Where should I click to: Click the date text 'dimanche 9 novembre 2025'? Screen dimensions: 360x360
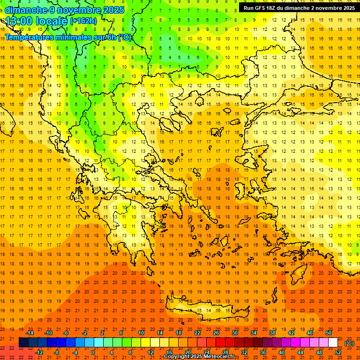(x=65, y=10)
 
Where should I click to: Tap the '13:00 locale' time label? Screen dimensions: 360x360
(x=36, y=21)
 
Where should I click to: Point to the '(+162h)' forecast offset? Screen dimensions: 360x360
(x=83, y=21)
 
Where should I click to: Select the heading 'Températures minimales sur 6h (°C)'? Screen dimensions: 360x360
(x=68, y=37)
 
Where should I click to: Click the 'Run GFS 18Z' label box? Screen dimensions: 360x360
(x=299, y=8)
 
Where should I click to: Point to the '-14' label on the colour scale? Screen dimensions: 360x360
(x=30, y=333)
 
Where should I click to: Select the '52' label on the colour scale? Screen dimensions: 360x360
(x=337, y=352)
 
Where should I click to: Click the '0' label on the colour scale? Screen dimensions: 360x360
(x=93, y=352)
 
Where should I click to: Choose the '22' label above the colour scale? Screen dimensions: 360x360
(x=197, y=333)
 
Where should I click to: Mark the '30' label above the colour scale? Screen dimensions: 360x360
(x=235, y=333)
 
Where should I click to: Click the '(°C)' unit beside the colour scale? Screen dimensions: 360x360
(x=349, y=343)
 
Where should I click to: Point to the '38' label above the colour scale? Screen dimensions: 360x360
(x=272, y=333)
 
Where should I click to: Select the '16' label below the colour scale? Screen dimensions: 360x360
(x=169, y=352)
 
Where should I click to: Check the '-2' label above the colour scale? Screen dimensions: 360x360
(x=85, y=333)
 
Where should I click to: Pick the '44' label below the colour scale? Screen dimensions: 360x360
(x=300, y=352)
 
